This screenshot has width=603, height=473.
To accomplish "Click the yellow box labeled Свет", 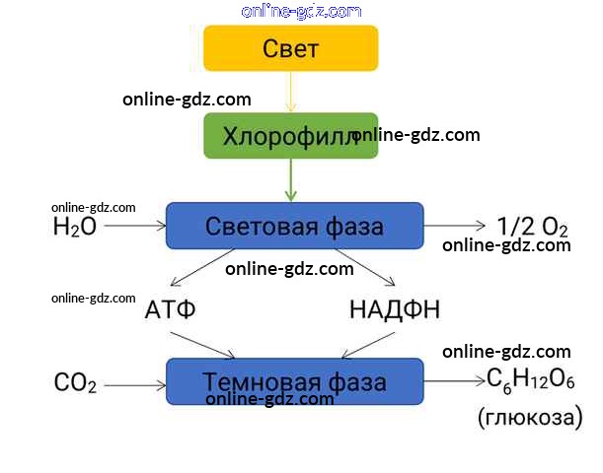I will (291, 47).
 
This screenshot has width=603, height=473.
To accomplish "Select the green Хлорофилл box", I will (291, 135).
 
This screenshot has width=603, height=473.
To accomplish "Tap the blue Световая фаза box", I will (294, 226).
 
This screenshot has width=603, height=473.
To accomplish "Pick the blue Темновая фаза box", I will (294, 380).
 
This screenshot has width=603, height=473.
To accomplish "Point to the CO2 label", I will (74, 382).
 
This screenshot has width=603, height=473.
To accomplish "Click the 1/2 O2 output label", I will (532, 226).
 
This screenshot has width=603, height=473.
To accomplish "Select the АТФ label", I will (170, 309).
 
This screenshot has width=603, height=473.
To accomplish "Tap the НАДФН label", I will (395, 309).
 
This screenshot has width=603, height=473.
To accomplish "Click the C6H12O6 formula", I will (531, 380).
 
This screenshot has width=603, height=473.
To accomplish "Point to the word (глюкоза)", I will (530, 417).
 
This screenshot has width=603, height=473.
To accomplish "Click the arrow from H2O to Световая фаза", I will (133, 226).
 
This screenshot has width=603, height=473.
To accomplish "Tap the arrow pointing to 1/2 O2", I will (455, 226).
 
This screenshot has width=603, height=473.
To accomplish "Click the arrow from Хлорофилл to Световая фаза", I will (291, 180).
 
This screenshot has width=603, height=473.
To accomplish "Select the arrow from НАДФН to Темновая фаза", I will (367, 343).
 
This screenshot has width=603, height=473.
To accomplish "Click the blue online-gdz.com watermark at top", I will (301, 11).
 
